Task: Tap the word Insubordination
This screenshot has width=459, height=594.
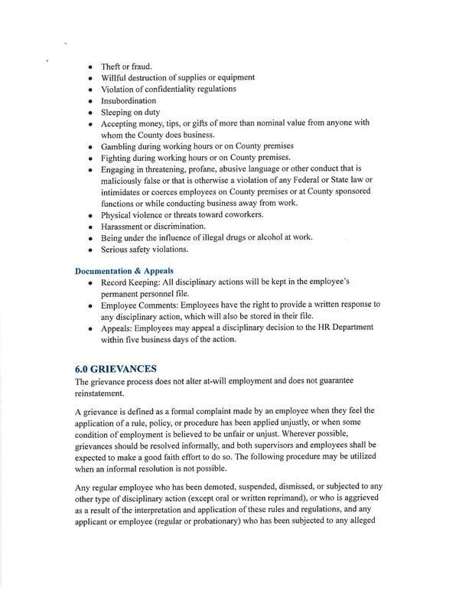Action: [129, 100]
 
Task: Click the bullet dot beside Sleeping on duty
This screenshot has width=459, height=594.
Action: [90, 112]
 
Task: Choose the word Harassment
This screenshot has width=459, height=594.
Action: [123, 226]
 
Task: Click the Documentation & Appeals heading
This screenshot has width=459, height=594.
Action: [123, 270]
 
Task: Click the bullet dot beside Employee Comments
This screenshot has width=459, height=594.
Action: [90, 305]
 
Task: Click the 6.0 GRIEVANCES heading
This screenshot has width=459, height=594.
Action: [116, 368]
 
